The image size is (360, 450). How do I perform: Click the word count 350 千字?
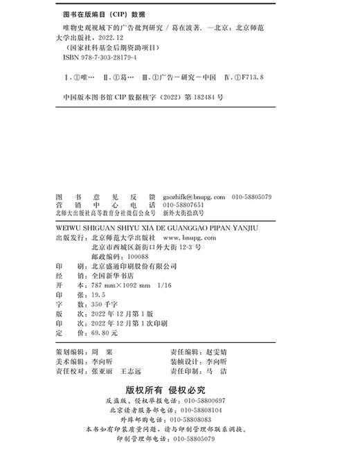pyautogui.click(x=102, y=304)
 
